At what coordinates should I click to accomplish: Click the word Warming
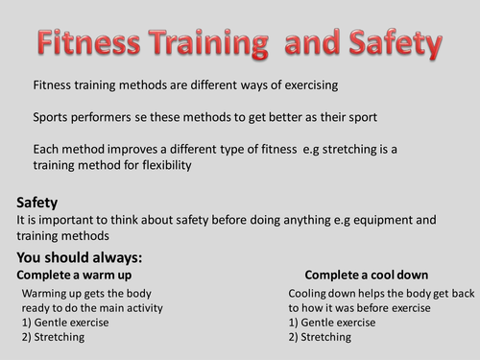click(x=47, y=293)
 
